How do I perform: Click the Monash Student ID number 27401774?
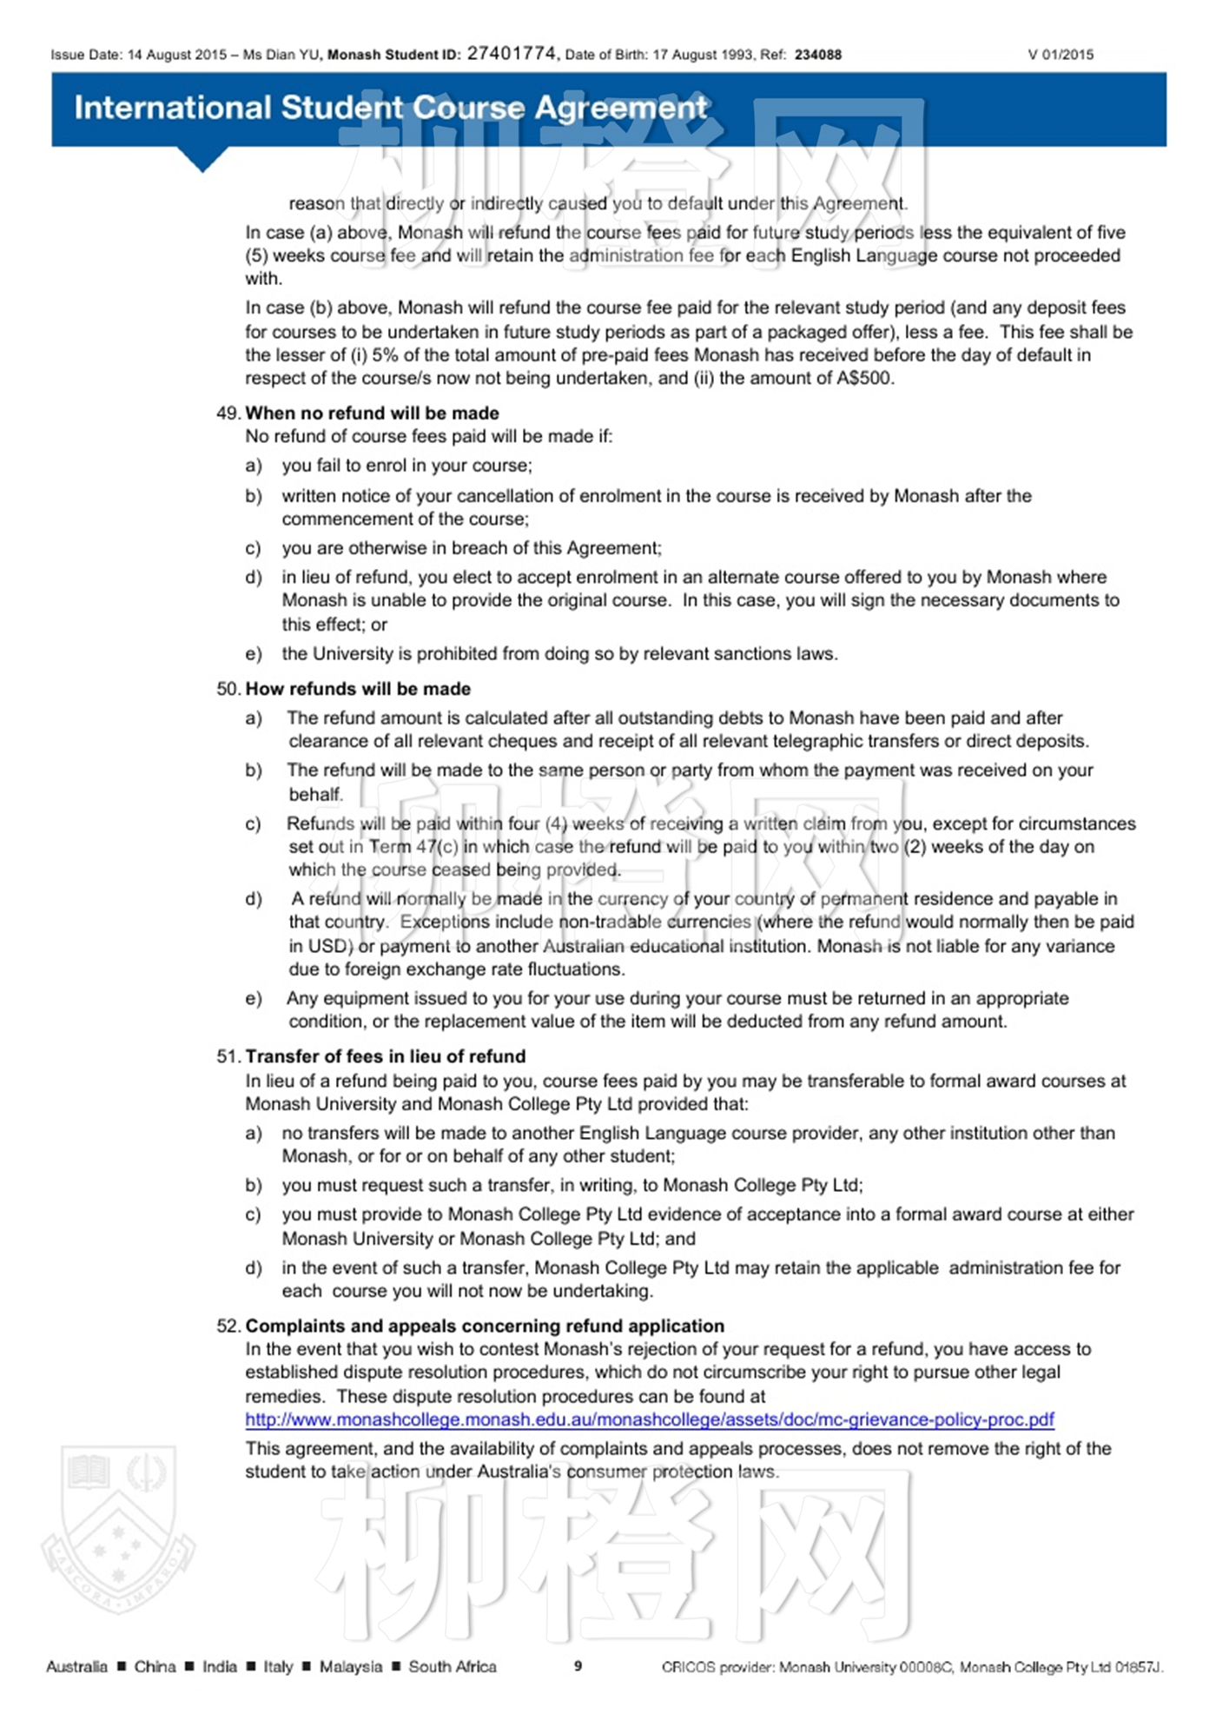click(x=511, y=54)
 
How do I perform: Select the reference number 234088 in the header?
click(x=817, y=55)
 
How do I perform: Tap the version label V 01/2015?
click(x=1061, y=55)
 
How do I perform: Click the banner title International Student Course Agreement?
click(x=391, y=108)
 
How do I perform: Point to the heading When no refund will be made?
click(x=372, y=413)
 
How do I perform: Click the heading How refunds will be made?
click(x=358, y=689)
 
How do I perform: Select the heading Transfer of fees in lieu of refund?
click(x=385, y=1056)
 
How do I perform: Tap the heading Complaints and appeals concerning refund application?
click(x=484, y=1326)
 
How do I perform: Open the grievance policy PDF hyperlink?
click(x=649, y=1419)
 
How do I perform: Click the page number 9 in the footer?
click(x=578, y=1665)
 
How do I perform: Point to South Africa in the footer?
click(x=453, y=1666)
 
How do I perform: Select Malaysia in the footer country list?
click(x=350, y=1666)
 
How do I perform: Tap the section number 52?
click(x=228, y=1326)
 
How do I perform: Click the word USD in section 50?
click(x=330, y=946)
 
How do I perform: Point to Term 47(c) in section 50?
click(x=413, y=847)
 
